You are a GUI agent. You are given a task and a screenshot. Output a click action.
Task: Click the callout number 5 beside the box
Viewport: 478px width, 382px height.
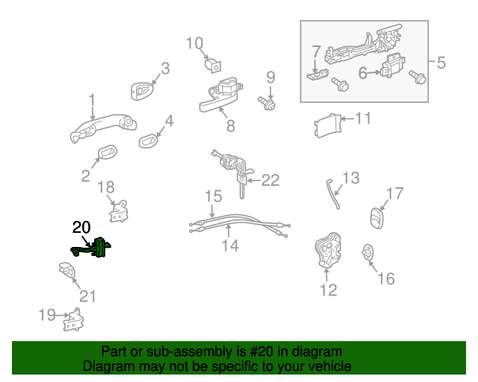click(x=441, y=63)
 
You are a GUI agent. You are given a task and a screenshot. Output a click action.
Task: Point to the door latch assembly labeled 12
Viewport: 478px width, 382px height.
click(x=328, y=253)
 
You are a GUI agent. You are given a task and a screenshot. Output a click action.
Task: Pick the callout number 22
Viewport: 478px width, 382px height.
click(x=270, y=180)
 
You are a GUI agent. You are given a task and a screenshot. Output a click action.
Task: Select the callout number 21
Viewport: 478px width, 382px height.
click(x=88, y=296)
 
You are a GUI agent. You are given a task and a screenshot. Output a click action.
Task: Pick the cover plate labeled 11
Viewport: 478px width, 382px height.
click(x=326, y=125)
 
